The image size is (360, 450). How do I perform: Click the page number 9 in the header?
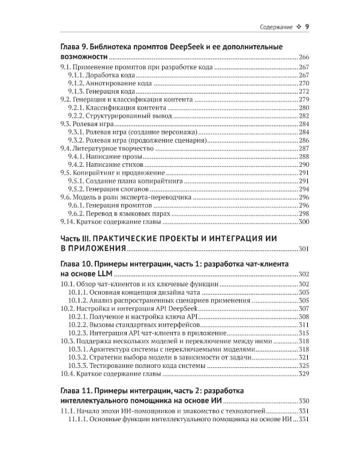[307, 26]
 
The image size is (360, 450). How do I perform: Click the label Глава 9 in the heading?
[75, 47]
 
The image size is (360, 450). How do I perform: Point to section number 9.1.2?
[77, 85]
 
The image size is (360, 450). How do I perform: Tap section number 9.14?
[69, 222]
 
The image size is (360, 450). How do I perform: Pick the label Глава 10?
[77, 264]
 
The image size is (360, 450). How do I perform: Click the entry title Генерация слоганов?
[122, 188]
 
